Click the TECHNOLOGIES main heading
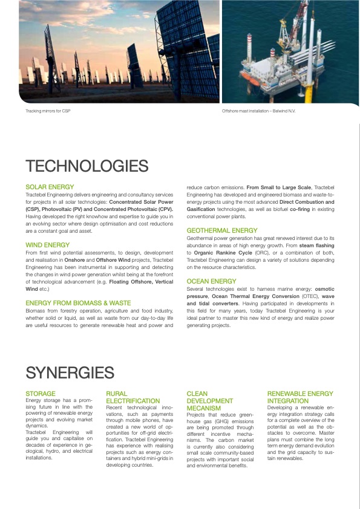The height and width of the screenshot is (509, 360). [x=87, y=166]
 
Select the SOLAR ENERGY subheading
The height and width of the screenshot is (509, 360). [x=50, y=188]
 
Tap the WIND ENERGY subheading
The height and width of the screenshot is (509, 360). [x=47, y=245]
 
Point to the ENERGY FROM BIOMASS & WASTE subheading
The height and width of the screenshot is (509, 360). [x=78, y=302]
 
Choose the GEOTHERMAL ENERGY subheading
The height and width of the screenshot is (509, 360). [x=221, y=230]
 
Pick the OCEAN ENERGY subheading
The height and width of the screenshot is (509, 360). [x=211, y=281]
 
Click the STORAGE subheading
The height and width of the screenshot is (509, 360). [x=41, y=394]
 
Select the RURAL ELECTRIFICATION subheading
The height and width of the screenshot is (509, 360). [x=133, y=397]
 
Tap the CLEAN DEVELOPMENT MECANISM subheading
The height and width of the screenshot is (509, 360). [x=209, y=401]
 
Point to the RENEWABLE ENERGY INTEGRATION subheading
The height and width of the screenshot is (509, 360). [x=299, y=397]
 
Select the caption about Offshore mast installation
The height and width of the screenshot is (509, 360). [x=258, y=112]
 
